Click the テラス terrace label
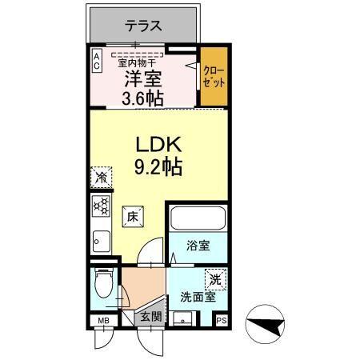143,26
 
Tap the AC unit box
96,61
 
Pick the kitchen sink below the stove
100,239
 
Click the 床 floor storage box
133,216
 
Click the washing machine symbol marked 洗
214,280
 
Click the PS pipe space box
222,321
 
